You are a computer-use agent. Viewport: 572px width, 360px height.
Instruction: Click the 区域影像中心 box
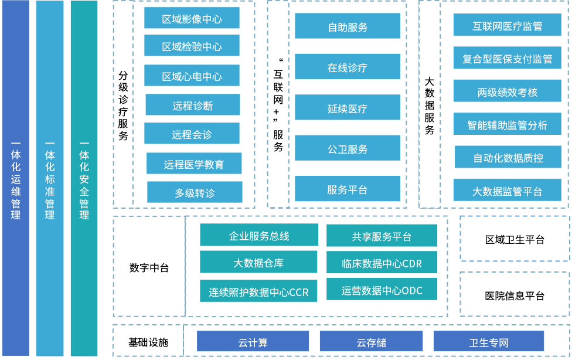[192, 18]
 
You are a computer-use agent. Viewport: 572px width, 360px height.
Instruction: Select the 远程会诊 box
[192, 134]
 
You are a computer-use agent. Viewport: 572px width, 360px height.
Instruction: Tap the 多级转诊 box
[195, 192]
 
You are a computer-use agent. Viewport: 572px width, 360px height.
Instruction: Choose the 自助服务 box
[348, 26]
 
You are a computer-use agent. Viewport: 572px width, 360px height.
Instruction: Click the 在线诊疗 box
[348, 67]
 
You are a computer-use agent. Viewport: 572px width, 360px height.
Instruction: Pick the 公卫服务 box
[348, 148]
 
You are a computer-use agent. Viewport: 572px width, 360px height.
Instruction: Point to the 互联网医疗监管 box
[507, 25]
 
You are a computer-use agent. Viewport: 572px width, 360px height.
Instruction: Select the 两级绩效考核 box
[507, 91]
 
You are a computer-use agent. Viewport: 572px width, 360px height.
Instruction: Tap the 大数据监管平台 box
[507, 191]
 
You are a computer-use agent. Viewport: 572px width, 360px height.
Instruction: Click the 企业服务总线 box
[259, 236]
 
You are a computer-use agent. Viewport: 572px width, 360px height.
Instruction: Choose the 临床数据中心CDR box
[382, 263]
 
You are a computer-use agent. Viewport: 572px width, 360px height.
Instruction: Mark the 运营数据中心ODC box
[382, 290]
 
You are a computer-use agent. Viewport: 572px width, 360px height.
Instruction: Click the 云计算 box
[253, 342]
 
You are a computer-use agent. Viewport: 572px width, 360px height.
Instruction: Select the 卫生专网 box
[488, 342]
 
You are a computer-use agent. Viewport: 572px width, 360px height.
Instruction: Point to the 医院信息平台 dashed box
[515, 295]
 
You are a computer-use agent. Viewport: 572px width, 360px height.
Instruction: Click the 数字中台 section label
[149, 267]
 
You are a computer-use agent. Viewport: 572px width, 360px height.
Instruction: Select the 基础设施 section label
[148, 342]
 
